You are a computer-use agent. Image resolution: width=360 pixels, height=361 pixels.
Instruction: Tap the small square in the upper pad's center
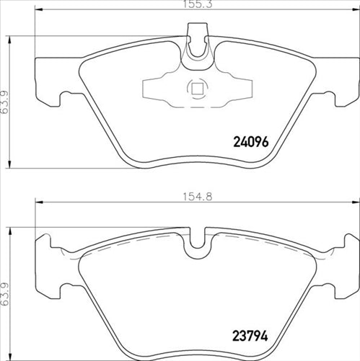(195, 89)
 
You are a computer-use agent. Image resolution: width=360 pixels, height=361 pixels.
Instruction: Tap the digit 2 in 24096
(236, 142)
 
